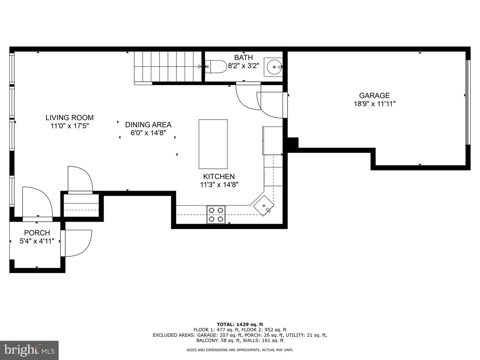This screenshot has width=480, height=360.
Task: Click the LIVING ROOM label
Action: point(69,118)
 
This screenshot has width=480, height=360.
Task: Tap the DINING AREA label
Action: point(148,125)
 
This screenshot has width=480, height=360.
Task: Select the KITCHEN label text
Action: point(219,177)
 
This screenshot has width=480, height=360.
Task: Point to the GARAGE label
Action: point(374,96)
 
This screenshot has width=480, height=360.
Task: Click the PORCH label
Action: point(37,233)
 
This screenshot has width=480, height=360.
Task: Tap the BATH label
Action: point(243,58)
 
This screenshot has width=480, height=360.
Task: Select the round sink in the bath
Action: point(274,67)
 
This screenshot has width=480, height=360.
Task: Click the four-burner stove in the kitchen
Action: point(216,215)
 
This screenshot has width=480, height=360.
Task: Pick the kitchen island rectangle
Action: point(213,144)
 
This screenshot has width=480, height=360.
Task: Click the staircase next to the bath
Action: point(168,66)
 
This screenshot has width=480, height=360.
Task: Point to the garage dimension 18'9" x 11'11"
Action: point(374,104)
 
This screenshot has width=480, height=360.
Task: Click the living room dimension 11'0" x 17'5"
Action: point(69,126)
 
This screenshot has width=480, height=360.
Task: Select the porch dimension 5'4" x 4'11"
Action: point(37,241)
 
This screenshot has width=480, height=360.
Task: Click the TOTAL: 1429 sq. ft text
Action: point(240,324)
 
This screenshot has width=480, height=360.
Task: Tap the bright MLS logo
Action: point(29,350)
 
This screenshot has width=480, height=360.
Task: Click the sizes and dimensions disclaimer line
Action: point(240,350)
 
